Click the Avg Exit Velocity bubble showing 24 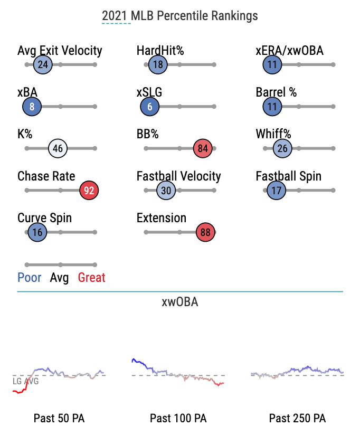pos(43,65)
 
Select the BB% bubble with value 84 pos(203,149)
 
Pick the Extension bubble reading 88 pos(205,232)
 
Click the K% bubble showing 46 pos(58,149)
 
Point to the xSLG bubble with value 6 pos(150,107)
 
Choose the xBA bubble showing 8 pos(32,107)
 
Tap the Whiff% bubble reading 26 pos(282,149)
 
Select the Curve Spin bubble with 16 pos(37,232)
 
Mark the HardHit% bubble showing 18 pos(157,65)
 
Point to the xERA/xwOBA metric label pos(289,51)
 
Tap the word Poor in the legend pos(30,278)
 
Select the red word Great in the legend pos(91,278)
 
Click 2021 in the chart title pos(116,16)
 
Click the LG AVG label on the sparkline pos(25,381)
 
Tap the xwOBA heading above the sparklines pos(180,302)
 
